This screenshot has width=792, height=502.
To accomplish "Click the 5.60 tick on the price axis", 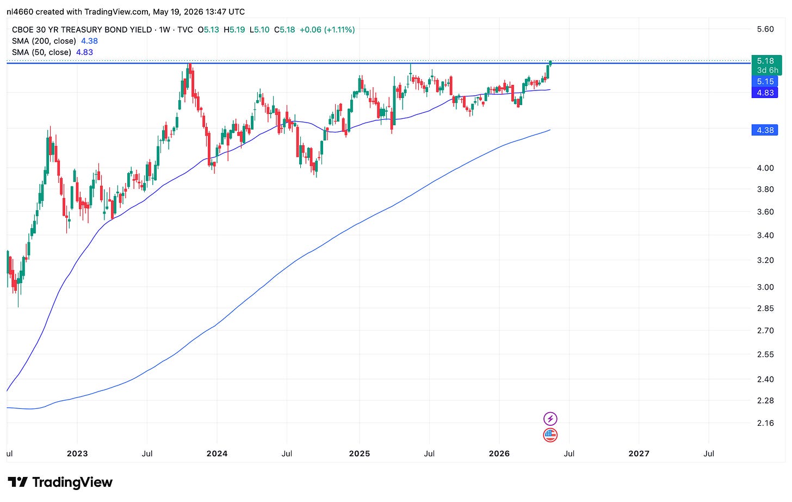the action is click(765, 29).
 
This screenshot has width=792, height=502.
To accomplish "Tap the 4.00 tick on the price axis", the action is click(765, 168).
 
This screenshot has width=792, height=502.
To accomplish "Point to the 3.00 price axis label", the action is click(765, 287).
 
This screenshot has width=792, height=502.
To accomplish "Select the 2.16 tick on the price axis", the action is click(765, 423).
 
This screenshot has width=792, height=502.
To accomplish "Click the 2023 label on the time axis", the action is click(77, 454).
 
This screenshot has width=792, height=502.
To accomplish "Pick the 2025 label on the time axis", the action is click(359, 454).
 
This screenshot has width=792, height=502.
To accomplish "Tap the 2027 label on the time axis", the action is click(639, 454).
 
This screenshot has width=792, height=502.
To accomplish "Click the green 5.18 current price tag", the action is click(766, 65).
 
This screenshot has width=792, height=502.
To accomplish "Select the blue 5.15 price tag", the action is click(765, 82).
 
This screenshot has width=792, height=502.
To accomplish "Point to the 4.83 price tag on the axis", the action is click(765, 93).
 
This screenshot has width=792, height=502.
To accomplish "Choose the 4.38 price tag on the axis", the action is click(765, 130).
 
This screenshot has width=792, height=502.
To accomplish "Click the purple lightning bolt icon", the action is click(550, 419).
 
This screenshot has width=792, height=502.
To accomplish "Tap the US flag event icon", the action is click(550, 435).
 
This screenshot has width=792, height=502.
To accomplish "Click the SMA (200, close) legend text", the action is click(44, 41).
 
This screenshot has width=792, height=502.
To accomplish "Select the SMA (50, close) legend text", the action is click(41, 52).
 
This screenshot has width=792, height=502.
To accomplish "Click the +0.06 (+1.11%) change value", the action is click(327, 30).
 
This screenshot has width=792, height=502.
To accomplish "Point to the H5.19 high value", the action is click(234, 30).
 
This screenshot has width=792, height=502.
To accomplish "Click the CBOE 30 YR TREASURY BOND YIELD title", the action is click(82, 30).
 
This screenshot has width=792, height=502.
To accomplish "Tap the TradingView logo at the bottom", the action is click(60, 482).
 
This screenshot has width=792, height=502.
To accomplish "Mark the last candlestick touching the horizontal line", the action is click(550, 63).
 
